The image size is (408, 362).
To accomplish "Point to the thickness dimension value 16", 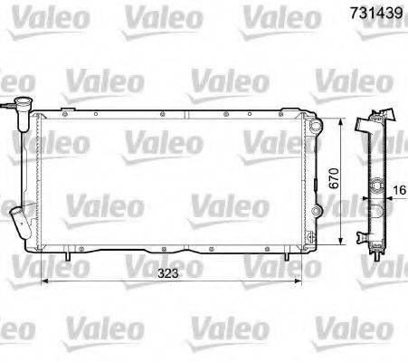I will [x=400, y=190].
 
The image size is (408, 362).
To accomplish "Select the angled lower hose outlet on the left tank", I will [x=18, y=221].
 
